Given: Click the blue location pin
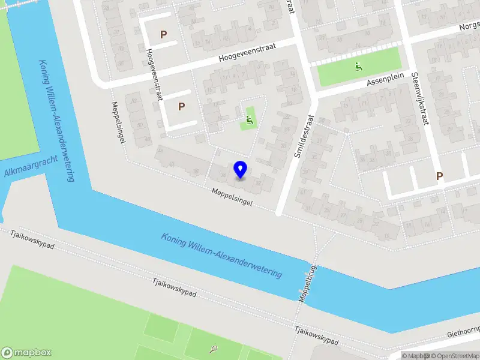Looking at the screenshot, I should tap(241, 169).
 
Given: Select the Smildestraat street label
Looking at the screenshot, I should tap(304, 137).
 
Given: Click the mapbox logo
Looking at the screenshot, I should tap(26, 353).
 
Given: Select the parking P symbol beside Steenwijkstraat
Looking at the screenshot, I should tap(439, 176).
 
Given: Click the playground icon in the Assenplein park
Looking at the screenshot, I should tap(359, 67).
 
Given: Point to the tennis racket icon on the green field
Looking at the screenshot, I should tap(214, 348).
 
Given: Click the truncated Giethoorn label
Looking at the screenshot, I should tap(463, 333).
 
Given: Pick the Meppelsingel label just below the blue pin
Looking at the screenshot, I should tap(232, 197).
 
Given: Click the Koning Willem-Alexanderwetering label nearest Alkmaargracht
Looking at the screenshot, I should tap(56, 121).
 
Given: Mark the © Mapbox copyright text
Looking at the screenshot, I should tap(416, 356).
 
